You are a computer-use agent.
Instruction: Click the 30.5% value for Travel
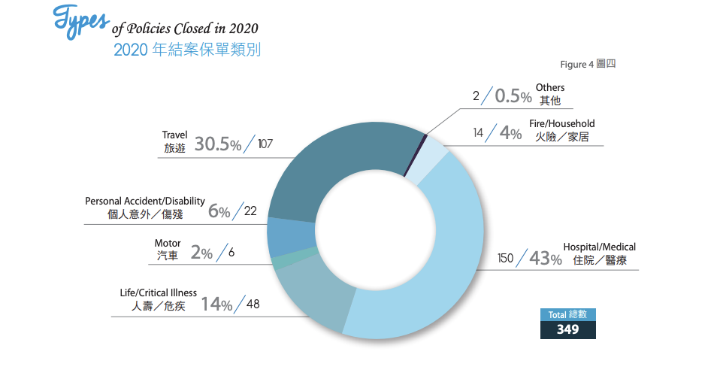click(218, 144)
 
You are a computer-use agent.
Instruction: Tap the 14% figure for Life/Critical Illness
click(216, 305)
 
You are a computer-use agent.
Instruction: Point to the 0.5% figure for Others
click(513, 95)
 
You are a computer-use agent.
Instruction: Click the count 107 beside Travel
click(265, 144)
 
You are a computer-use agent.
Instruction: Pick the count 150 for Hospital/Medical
click(505, 259)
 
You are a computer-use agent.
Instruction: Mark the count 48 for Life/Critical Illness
click(253, 305)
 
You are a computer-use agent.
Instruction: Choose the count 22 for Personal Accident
click(251, 211)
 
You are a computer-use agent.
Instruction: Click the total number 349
click(567, 329)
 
